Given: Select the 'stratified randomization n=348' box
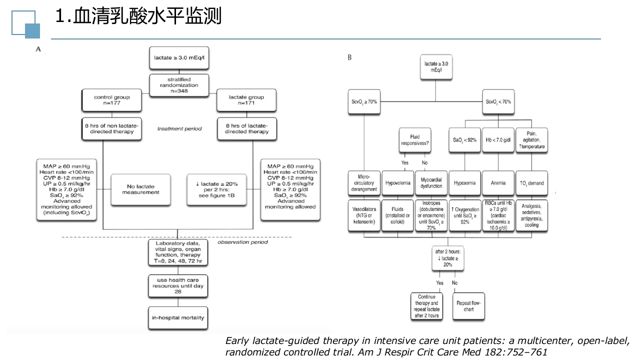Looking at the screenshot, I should pyautogui.click(x=179, y=82).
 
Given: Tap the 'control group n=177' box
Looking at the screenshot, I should pyautogui.click(x=111, y=100).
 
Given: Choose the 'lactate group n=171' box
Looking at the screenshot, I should pyautogui.click(x=246, y=100).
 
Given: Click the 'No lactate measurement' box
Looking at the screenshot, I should pyautogui.click(x=140, y=189).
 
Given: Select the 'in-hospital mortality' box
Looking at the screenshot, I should pyautogui.click(x=178, y=317).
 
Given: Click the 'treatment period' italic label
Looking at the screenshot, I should pyautogui.click(x=179, y=129).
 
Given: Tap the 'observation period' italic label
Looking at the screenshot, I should pyautogui.click(x=242, y=242).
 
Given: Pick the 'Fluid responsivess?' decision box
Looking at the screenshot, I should pyautogui.click(x=414, y=140).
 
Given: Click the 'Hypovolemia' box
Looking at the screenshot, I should pyautogui.click(x=397, y=183).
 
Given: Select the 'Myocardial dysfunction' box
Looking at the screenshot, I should pyautogui.click(x=431, y=183).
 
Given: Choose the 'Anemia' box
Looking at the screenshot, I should pyautogui.click(x=498, y=183).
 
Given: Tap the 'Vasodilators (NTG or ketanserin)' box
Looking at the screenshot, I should pyautogui.click(x=364, y=215).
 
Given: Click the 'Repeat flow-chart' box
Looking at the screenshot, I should pyautogui.click(x=468, y=306).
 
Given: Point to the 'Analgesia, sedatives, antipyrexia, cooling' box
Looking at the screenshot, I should pyautogui.click(x=531, y=215).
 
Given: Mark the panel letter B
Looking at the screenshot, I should pyautogui.click(x=349, y=57).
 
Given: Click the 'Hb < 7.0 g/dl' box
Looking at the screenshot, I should pyautogui.click(x=498, y=140).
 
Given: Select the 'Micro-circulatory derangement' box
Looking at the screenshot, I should pyautogui.click(x=364, y=183).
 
